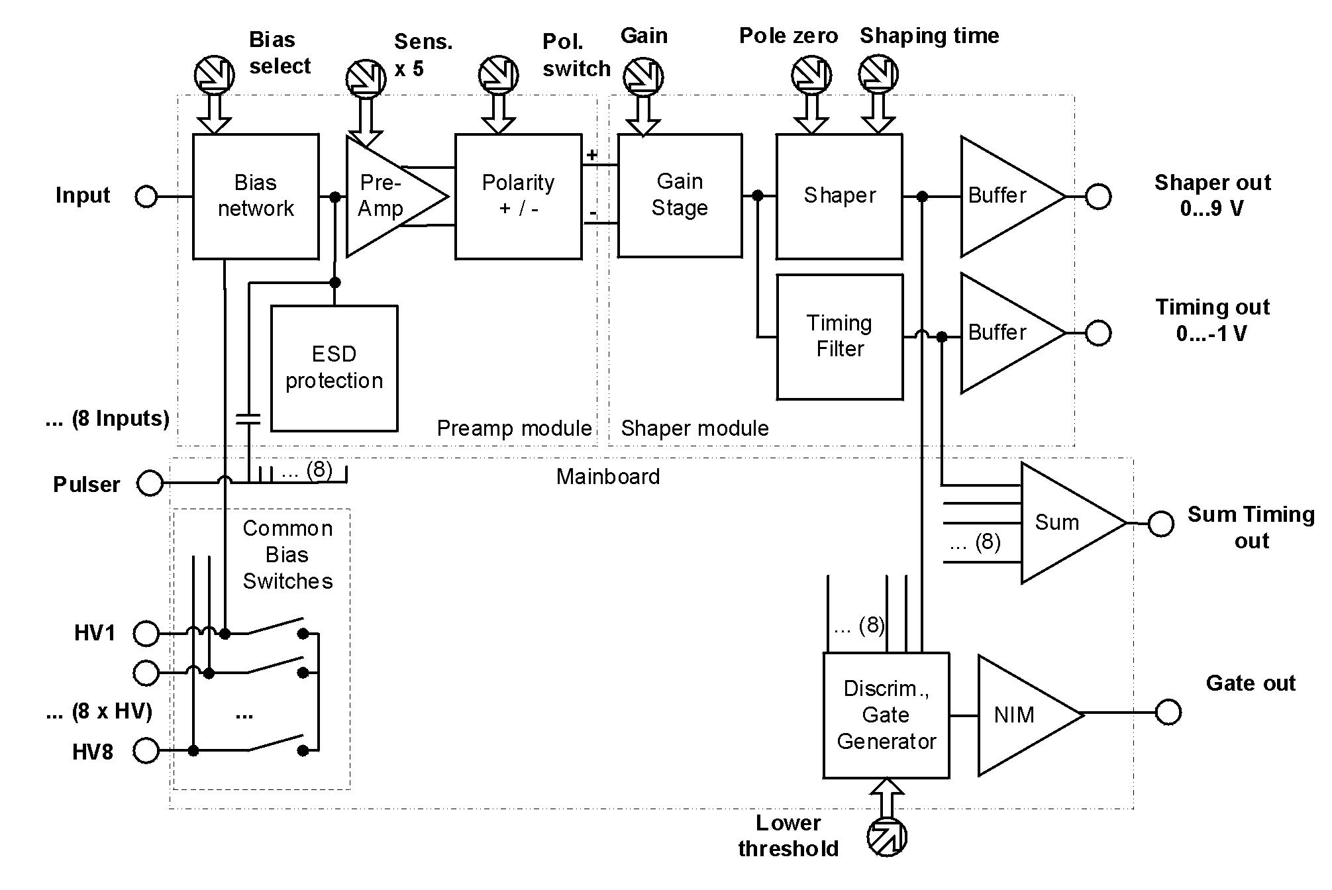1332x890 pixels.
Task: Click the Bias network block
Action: coord(256,196)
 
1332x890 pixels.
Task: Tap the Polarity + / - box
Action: coord(518,196)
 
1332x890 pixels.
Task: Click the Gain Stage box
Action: coord(680,195)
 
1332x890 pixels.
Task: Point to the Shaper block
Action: coord(839,196)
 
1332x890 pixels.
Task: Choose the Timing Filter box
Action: coord(839,336)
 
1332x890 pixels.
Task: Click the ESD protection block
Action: coord(334,368)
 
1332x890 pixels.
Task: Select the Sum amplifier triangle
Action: coord(1063,522)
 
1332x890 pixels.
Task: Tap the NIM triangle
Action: coord(1020,715)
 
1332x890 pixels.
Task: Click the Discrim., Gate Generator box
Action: coord(886,715)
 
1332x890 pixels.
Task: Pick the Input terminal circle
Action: coord(146,197)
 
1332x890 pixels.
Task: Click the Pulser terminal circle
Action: coord(150,483)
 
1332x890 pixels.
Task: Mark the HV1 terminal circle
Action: coord(146,634)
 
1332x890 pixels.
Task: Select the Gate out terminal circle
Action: coord(1168,713)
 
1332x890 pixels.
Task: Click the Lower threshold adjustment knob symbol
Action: coord(887,837)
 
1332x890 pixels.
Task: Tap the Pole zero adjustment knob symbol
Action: coord(811,74)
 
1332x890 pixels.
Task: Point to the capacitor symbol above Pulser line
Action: coord(248,419)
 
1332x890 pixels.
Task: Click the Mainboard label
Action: coord(608,477)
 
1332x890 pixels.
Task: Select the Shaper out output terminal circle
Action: coord(1098,197)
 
